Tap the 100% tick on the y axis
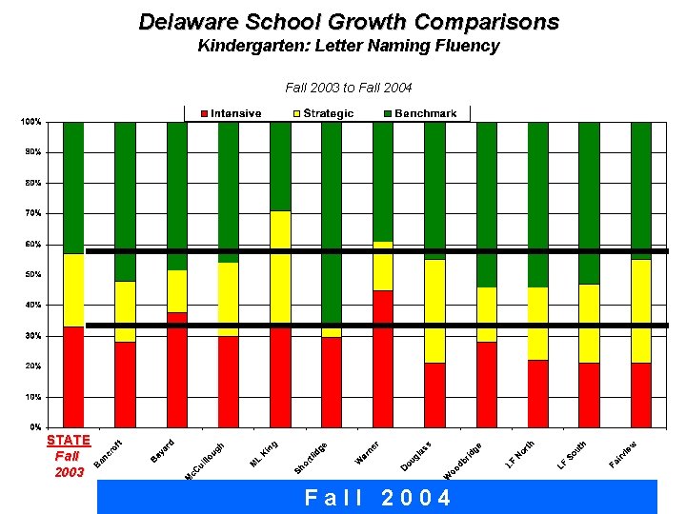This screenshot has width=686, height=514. point(31,122)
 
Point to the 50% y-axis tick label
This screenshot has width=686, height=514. point(33,275)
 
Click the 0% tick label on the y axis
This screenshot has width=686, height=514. point(35,427)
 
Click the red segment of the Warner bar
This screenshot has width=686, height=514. point(383,359)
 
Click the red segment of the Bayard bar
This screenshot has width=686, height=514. point(177,369)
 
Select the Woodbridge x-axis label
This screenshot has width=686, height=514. point(464,462)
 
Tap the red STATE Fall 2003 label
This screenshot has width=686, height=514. point(69,455)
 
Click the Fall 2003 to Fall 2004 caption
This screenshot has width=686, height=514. point(349,88)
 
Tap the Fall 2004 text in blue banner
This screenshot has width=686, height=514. point(377,498)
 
